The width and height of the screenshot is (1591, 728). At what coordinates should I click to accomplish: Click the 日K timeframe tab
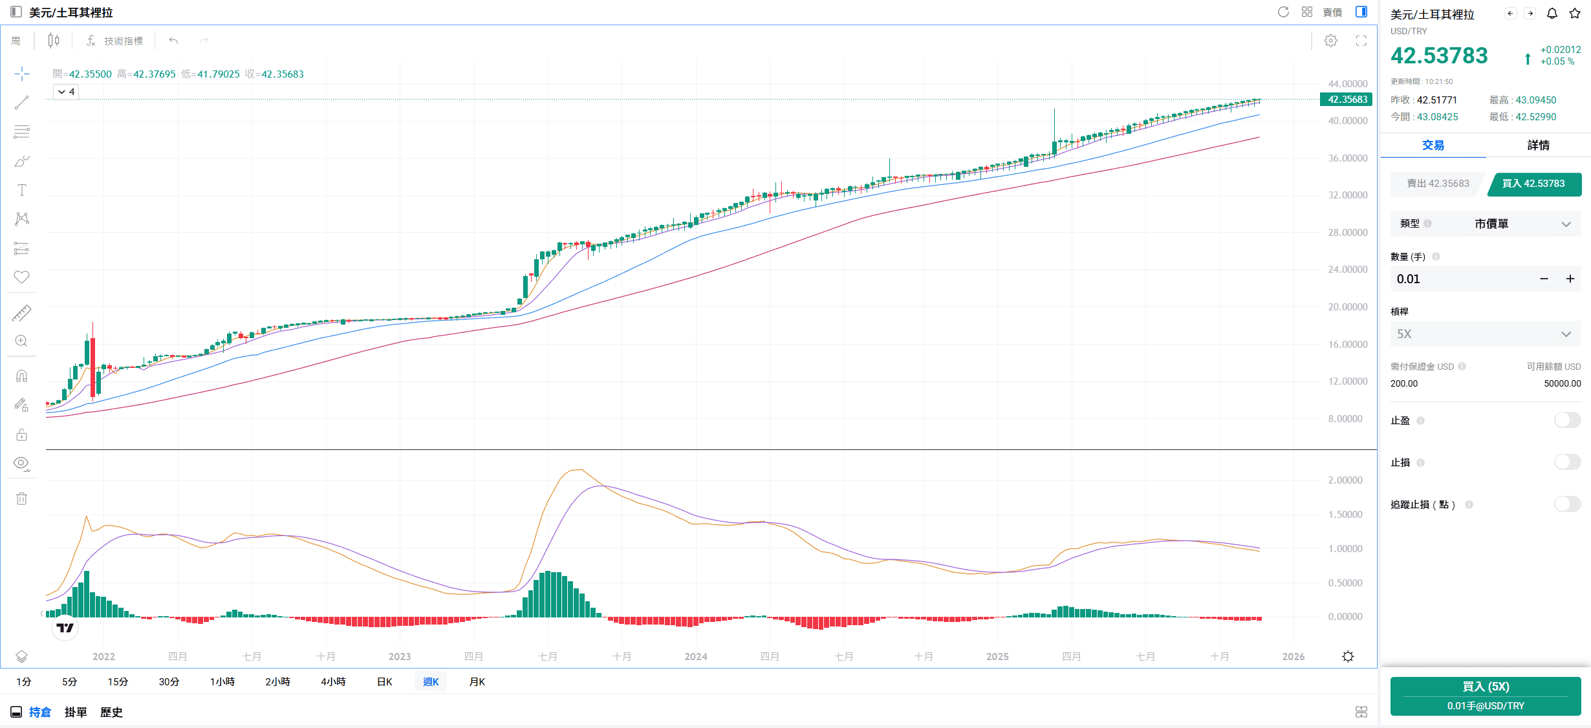pyautogui.click(x=384, y=681)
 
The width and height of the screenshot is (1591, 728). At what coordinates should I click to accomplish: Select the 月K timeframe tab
pyautogui.click(x=477, y=681)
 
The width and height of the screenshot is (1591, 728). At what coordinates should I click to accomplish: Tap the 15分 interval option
pyautogui.click(x=118, y=681)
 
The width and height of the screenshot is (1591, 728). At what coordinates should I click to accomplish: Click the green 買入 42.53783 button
pyautogui.click(x=1533, y=184)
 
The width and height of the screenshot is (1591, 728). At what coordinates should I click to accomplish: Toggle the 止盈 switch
pyautogui.click(x=1567, y=420)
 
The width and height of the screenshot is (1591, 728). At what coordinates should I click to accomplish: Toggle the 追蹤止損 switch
pyautogui.click(x=1567, y=504)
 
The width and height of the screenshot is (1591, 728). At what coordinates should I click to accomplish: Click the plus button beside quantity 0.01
pyautogui.click(x=1570, y=279)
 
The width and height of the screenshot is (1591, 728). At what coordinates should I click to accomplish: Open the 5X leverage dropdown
pyautogui.click(x=1485, y=334)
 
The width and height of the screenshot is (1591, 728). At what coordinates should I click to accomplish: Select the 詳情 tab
pyautogui.click(x=1538, y=145)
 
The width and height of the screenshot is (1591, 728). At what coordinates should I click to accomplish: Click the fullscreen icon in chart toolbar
pyautogui.click(x=1361, y=41)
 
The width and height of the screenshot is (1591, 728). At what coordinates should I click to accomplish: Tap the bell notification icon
pyautogui.click(x=1552, y=14)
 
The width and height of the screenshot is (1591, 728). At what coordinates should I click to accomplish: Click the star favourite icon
pyautogui.click(x=1575, y=14)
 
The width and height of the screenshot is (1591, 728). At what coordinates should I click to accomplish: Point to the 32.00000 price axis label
pyautogui.click(x=1348, y=195)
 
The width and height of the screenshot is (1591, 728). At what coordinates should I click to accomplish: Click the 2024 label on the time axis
pyautogui.click(x=696, y=656)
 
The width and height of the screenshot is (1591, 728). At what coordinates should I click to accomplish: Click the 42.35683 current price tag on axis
pyautogui.click(x=1347, y=100)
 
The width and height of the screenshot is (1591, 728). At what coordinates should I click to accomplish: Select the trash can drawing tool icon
pyautogui.click(x=21, y=498)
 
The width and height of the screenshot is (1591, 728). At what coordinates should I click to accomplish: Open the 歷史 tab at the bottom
pyautogui.click(x=111, y=712)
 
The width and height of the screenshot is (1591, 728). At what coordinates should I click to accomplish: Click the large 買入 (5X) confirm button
pyautogui.click(x=1485, y=696)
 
